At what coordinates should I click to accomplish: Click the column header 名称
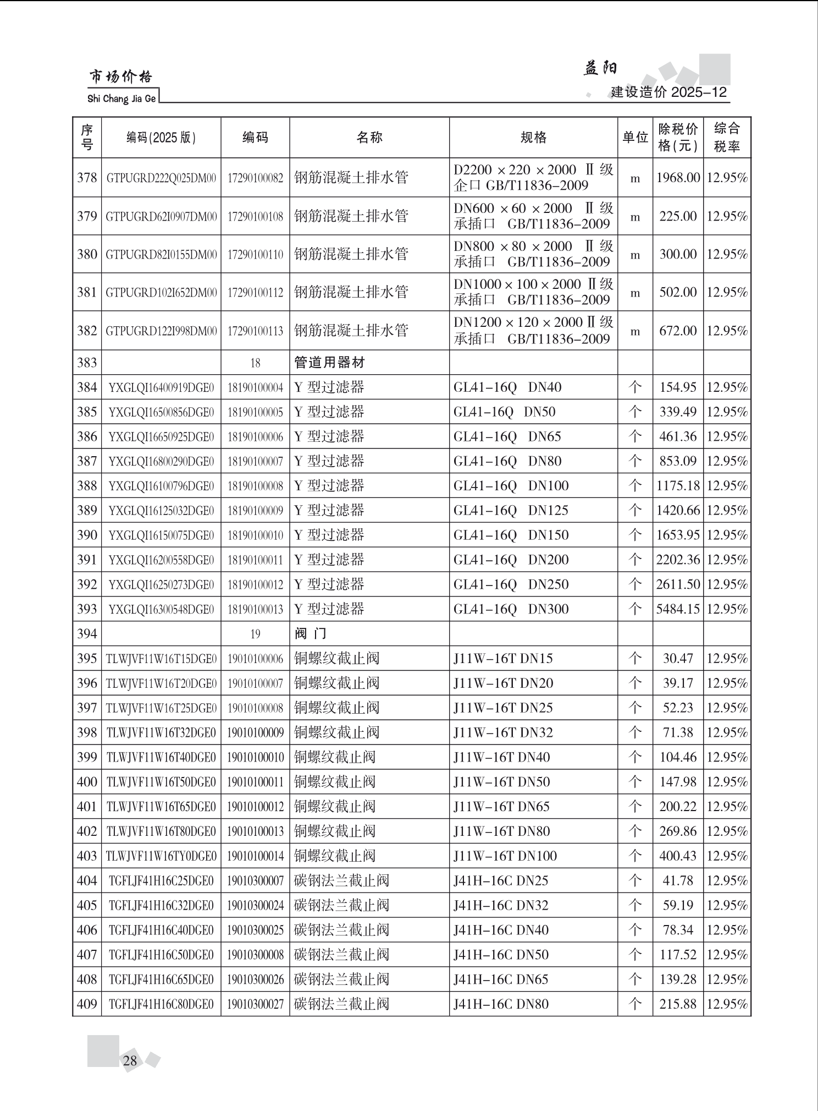coord(369,138)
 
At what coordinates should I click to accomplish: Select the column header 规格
coord(533,138)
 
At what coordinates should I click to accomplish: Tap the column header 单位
coord(635,138)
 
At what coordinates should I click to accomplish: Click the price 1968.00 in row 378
coord(678,178)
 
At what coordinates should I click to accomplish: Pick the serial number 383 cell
coord(87,363)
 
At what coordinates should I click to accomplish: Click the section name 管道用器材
coord(329,363)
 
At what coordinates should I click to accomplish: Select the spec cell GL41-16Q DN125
coord(511,511)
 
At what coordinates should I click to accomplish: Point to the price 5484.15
coord(678,609)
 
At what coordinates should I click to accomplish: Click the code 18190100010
coord(255,535)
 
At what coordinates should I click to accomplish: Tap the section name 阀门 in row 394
coord(310,634)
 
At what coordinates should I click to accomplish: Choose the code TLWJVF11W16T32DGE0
coord(161,732)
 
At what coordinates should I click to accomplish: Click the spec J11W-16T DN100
coord(505,856)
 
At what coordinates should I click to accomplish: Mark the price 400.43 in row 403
coord(678,856)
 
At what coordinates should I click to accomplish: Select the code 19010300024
coord(255,905)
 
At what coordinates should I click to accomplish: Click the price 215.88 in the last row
coord(678,1004)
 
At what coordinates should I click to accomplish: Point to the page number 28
coord(130,1060)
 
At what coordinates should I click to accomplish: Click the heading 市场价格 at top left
coord(120,77)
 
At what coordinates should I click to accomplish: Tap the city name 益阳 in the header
coord(600,68)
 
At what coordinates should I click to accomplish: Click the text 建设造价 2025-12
coord(668,92)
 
